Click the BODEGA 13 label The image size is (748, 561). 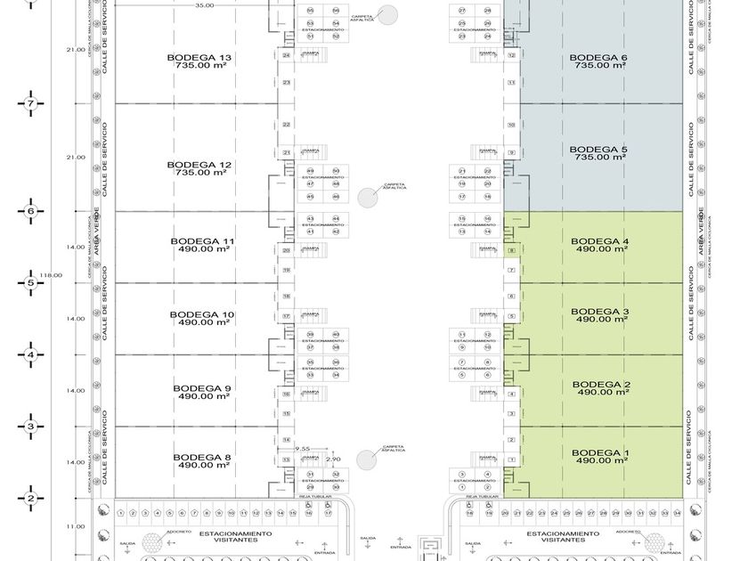pos(199,58)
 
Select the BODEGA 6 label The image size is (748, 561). pos(599,58)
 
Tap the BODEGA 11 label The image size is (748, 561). pos(204,241)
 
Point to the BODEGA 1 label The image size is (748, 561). pos(599,454)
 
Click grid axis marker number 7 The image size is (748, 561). pos(30,104)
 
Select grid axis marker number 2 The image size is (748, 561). pos(30,499)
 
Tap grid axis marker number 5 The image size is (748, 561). pos(30,283)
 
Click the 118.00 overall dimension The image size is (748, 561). pos(53,275)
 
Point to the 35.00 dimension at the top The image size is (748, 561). pos(204,6)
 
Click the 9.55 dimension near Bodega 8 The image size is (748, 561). pos(303,449)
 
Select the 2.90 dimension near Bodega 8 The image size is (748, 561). pos(333,458)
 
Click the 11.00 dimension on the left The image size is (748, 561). pos(76,526)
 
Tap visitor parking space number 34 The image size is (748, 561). pos(678,513)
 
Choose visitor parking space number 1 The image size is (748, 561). pos(121,513)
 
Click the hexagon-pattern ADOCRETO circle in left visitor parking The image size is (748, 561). pos(152,542)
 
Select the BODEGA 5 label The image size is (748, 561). pos(599,150)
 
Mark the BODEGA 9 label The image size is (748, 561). pos(202,388)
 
